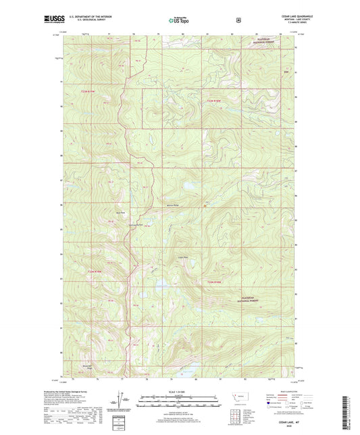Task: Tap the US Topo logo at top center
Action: coord(179,21)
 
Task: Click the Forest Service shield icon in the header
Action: coord(238,20)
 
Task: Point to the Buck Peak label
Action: coord(122,211)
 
